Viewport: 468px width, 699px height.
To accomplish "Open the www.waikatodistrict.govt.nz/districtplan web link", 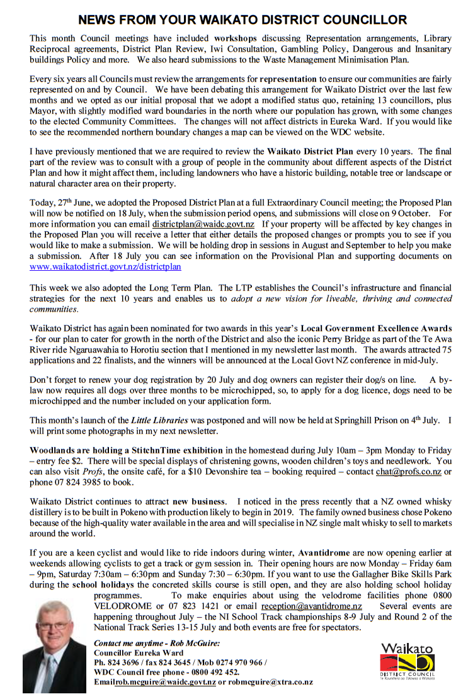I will (105, 266).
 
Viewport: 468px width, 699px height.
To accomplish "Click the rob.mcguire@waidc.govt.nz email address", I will (165, 681).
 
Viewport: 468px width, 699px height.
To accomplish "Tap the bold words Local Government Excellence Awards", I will (376, 327).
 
